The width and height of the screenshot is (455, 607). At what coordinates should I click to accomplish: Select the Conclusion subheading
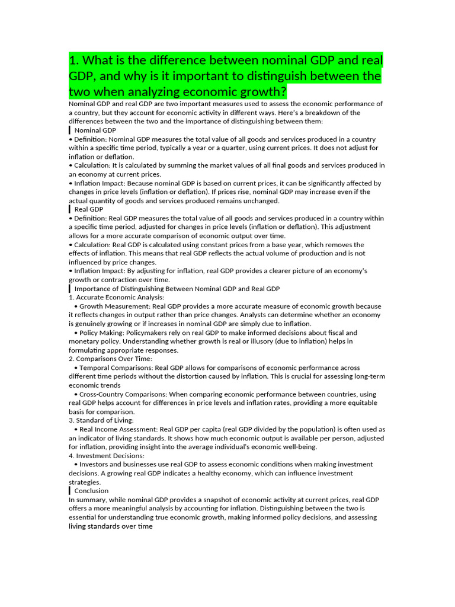pyautogui.click(x=91, y=491)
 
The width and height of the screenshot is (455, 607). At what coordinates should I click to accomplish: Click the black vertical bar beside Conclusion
pyautogui.click(x=70, y=491)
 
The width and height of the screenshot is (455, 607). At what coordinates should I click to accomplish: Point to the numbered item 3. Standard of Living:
pyautogui.click(x=101, y=420)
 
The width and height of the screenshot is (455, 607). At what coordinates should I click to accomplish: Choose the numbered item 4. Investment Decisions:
pyautogui.click(x=107, y=456)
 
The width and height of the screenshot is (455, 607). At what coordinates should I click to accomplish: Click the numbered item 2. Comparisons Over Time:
pyautogui.click(x=111, y=359)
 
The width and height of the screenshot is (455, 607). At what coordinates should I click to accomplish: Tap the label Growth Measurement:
pyautogui.click(x=116, y=306)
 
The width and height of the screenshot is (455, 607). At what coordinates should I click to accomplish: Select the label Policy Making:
pyautogui.click(x=101, y=333)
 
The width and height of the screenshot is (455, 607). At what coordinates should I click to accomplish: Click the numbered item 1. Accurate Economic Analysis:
pyautogui.click(x=116, y=298)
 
